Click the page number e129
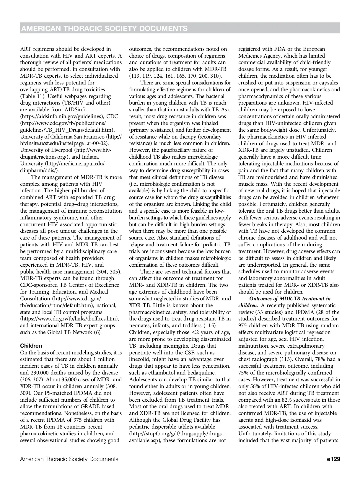pos(333,459)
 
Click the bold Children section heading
pos(31,346)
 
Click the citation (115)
pos(211,325)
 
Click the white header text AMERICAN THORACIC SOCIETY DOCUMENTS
pos(105,28)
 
